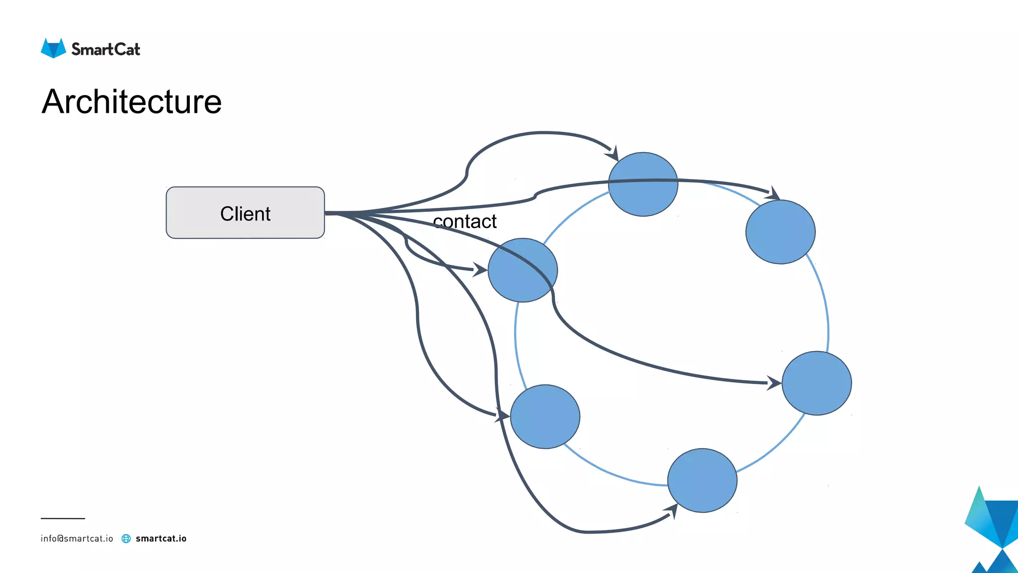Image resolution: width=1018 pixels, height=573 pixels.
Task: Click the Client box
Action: click(x=245, y=213)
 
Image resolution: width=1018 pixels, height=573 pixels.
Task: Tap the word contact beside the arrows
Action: click(x=465, y=222)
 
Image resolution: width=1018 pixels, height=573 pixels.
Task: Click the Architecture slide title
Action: click(x=132, y=101)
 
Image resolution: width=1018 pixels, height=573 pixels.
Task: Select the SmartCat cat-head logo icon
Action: click(x=53, y=49)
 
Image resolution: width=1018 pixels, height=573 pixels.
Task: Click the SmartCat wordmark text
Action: click(x=106, y=49)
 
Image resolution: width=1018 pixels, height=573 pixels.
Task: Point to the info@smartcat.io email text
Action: click(x=77, y=539)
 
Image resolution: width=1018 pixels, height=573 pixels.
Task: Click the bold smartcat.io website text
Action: click(x=161, y=539)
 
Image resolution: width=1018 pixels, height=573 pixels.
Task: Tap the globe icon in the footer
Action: click(x=126, y=539)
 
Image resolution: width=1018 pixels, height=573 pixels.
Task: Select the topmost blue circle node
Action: click(x=643, y=185)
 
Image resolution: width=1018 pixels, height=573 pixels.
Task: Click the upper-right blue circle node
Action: click(x=780, y=232)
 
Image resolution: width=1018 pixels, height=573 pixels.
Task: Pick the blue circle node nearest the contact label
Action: click(x=522, y=270)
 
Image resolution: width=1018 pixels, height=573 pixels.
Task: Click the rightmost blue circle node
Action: click(x=817, y=383)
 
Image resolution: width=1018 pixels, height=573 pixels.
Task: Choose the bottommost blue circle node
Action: click(x=702, y=480)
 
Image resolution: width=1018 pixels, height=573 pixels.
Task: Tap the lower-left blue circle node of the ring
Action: click(x=545, y=417)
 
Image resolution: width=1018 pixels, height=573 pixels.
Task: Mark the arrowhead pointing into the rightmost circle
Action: click(x=774, y=383)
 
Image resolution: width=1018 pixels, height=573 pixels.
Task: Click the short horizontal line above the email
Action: click(x=63, y=518)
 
